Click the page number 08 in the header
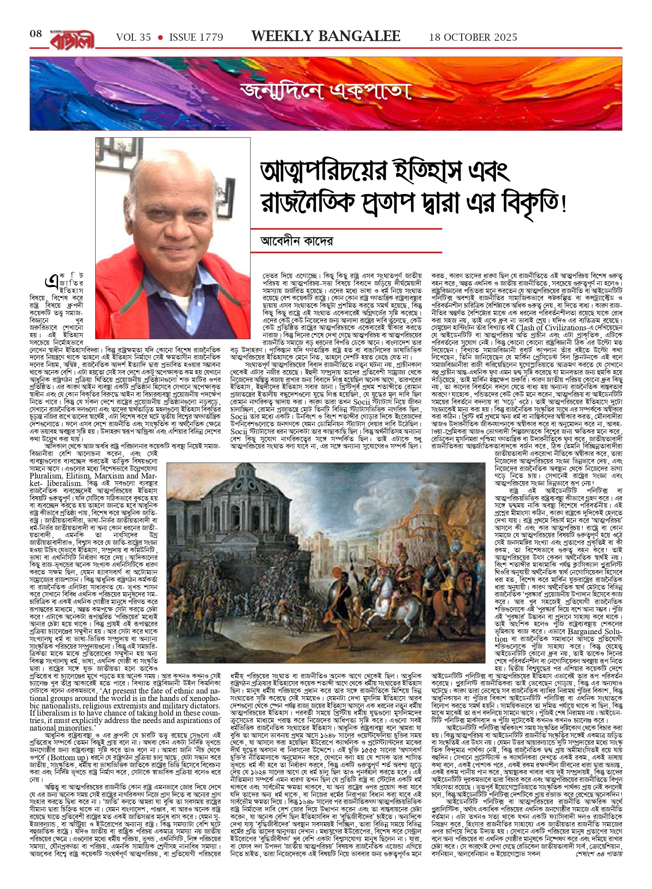click(x=36, y=34)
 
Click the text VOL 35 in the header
click(x=133, y=38)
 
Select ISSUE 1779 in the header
click(x=196, y=38)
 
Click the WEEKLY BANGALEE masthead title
click(x=326, y=36)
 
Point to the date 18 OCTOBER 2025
click(x=473, y=38)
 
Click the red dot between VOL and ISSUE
click(x=160, y=38)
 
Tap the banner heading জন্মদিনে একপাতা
click(x=326, y=91)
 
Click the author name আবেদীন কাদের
click(x=296, y=241)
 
